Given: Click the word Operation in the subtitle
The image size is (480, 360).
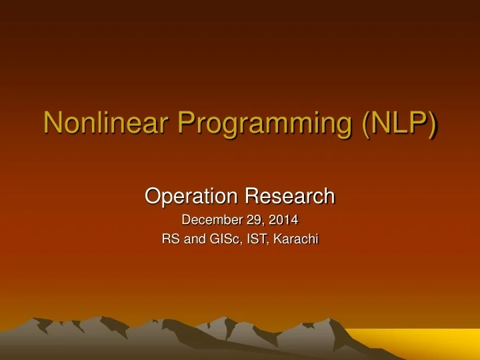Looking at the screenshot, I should (x=192, y=196).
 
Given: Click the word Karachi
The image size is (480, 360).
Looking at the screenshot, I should (x=296, y=239).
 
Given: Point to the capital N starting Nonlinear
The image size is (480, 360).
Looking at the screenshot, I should (x=53, y=125).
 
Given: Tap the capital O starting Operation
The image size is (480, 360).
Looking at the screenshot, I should (x=153, y=196).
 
